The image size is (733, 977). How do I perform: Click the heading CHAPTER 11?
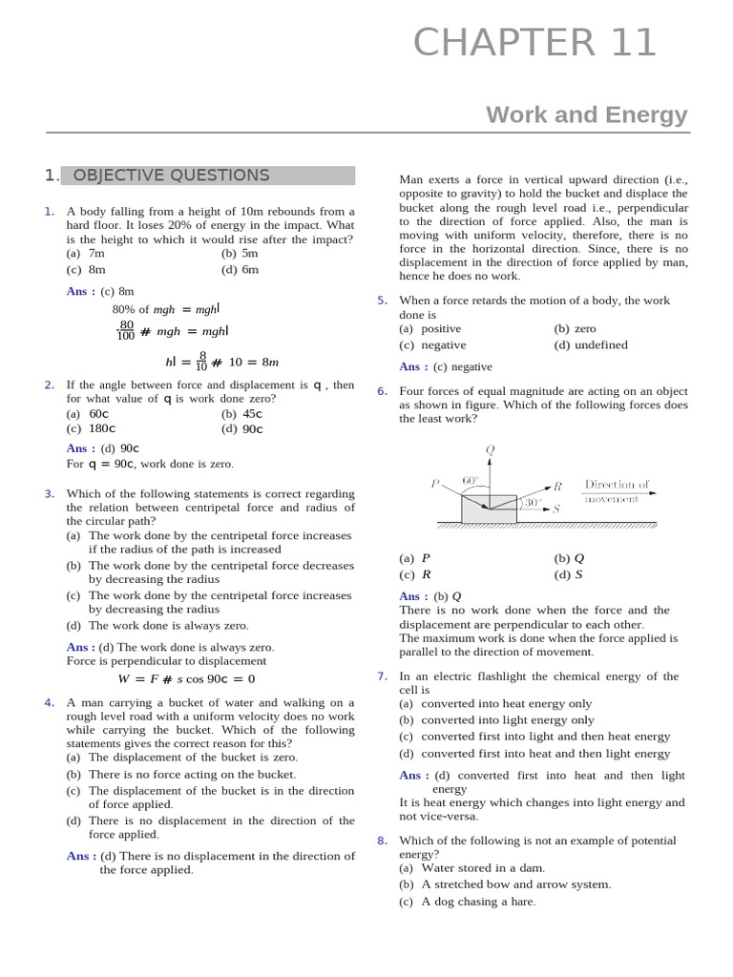tap(535, 43)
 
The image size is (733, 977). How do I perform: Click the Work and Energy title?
tap(586, 114)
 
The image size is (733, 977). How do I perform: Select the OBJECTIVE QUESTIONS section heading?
tap(171, 176)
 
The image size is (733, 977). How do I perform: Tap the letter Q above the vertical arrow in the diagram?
tap(490, 449)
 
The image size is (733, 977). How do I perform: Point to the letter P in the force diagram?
tap(435, 483)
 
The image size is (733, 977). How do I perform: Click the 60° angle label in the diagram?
tap(471, 480)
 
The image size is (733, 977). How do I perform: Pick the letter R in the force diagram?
tap(558, 486)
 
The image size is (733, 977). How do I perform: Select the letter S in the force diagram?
tap(555, 509)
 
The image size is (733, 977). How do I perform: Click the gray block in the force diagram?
tap(489, 509)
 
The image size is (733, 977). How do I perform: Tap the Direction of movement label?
tap(617, 491)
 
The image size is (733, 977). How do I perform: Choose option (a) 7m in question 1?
tap(86, 254)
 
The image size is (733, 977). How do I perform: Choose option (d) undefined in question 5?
tap(591, 344)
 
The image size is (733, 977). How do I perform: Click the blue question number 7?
tap(382, 676)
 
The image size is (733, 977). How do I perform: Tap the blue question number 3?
tap(49, 493)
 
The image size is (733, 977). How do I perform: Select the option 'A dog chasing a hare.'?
tap(468, 902)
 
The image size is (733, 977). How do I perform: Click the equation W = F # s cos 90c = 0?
tap(186, 679)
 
